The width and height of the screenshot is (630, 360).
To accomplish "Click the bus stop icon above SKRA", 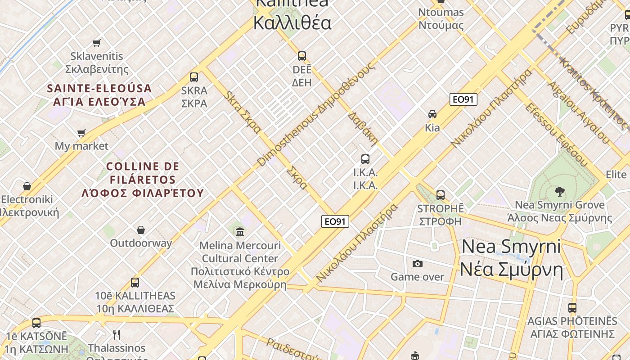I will (194, 77).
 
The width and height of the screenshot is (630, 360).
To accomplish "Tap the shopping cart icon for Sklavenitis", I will (97, 43).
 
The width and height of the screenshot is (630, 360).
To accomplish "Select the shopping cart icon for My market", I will (81, 133).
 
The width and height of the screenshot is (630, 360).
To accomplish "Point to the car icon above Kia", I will (432, 114).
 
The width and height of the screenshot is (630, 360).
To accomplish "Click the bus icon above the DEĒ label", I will (302, 56).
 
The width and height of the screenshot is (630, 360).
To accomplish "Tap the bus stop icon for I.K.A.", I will (365, 159).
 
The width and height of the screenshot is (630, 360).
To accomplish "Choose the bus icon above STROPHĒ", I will (441, 195).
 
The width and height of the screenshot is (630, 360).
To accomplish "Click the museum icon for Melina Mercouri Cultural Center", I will (240, 232).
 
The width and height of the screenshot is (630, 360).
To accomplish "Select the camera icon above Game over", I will (418, 264).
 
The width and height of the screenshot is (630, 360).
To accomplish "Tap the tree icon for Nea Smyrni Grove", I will (560, 192).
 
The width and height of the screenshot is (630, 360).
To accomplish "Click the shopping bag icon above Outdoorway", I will (141, 230).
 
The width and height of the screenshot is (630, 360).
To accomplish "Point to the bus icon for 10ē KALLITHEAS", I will (135, 283).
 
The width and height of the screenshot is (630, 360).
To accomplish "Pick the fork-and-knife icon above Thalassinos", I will (117, 334).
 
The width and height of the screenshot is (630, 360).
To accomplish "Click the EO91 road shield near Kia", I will (463, 99).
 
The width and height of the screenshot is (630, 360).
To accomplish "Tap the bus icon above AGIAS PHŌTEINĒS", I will (572, 308).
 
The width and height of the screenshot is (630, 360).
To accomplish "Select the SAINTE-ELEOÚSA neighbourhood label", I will (99, 95).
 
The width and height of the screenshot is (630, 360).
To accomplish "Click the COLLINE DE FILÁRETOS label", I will (143, 180).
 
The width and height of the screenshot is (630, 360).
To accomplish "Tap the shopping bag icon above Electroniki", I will (27, 186).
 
